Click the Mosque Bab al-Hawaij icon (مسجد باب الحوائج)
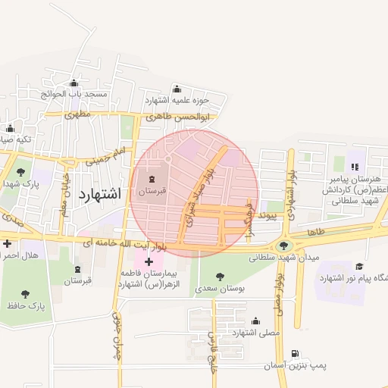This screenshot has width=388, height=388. [x=74, y=83]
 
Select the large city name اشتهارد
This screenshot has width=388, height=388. [x=99, y=193]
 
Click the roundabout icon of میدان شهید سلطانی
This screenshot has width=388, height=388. [x=284, y=245]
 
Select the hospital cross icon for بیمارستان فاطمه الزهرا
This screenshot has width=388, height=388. [x=149, y=261]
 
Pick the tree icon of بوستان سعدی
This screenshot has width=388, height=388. [x=220, y=277]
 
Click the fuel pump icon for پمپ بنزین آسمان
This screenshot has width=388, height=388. [x=295, y=354]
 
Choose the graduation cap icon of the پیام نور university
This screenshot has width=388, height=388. [x=359, y=266]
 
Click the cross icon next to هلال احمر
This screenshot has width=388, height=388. [x=7, y=244]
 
